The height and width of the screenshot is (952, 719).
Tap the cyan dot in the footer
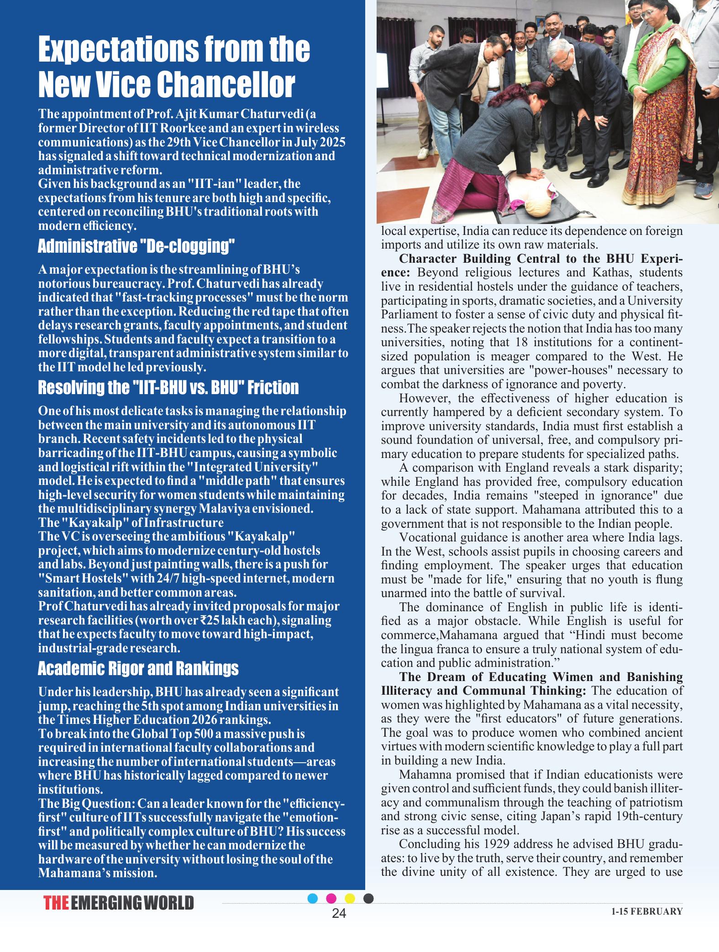(x=313, y=898)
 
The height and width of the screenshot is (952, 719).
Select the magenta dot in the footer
(x=331, y=898)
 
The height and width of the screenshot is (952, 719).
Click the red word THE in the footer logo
(x=57, y=903)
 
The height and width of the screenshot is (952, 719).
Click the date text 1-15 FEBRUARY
(x=647, y=911)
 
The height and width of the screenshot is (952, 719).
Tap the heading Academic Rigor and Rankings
(x=138, y=669)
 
